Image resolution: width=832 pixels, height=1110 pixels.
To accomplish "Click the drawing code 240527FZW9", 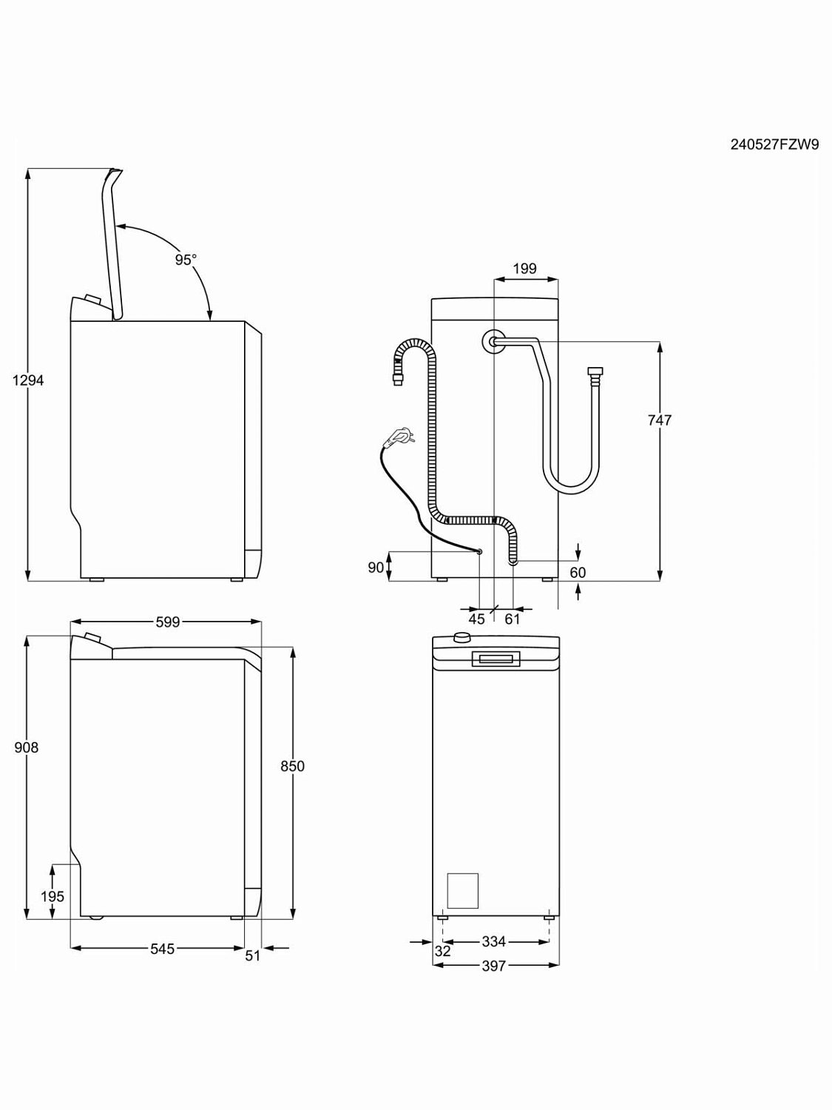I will tap(774, 145).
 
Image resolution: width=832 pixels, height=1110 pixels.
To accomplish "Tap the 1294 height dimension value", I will tap(28, 380).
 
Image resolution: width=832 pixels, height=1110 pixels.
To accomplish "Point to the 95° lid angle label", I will tap(186, 260).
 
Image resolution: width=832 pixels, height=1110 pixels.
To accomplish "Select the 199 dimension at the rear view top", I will tap(524, 269).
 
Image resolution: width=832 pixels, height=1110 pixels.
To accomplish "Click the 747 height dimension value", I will tap(659, 420).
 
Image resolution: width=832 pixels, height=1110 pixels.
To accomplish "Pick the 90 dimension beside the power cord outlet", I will tap(376, 567).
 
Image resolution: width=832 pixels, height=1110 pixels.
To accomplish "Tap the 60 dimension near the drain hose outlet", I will tap(578, 573).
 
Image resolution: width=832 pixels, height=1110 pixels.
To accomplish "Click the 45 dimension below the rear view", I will tap(477, 619).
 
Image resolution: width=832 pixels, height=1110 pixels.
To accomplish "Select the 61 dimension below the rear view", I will tap(513, 619).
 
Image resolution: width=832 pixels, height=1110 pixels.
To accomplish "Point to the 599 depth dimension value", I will tap(168, 622).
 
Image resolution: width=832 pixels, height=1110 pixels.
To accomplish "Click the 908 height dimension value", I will tap(27, 747).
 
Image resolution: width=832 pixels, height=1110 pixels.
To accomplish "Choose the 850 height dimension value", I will tap(292, 766).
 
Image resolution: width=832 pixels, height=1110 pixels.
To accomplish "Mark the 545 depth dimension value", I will tap(162, 949).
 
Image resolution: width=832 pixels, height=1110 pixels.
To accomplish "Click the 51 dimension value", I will tap(253, 955).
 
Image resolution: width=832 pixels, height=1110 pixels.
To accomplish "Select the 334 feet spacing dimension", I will tap(493, 942).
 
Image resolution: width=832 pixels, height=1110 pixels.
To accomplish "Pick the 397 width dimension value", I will tap(493, 966).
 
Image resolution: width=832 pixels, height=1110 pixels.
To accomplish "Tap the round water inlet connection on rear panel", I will tap(493, 340).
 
